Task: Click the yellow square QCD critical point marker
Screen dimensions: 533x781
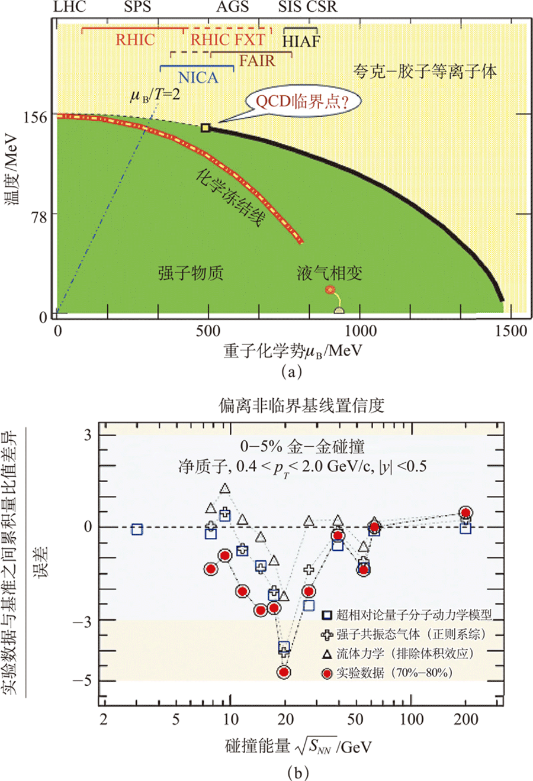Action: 206,128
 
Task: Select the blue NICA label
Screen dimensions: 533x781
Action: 198,77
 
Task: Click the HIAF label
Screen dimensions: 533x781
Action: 301,41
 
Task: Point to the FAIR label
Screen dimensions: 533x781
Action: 257,61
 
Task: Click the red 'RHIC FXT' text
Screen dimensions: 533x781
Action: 227,40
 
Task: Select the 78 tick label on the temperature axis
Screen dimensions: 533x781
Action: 39,217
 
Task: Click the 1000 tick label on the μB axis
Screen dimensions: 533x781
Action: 361,331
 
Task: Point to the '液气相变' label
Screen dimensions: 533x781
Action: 329,273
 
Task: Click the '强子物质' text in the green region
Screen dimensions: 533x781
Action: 191,273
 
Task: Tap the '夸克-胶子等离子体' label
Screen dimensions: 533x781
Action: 425,72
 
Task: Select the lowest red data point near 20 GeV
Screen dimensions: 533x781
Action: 284,672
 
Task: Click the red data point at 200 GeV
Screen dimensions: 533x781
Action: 465,512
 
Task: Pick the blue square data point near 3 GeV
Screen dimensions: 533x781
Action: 137,530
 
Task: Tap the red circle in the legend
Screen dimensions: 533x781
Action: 327,673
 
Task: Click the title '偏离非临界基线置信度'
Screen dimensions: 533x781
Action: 301,405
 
